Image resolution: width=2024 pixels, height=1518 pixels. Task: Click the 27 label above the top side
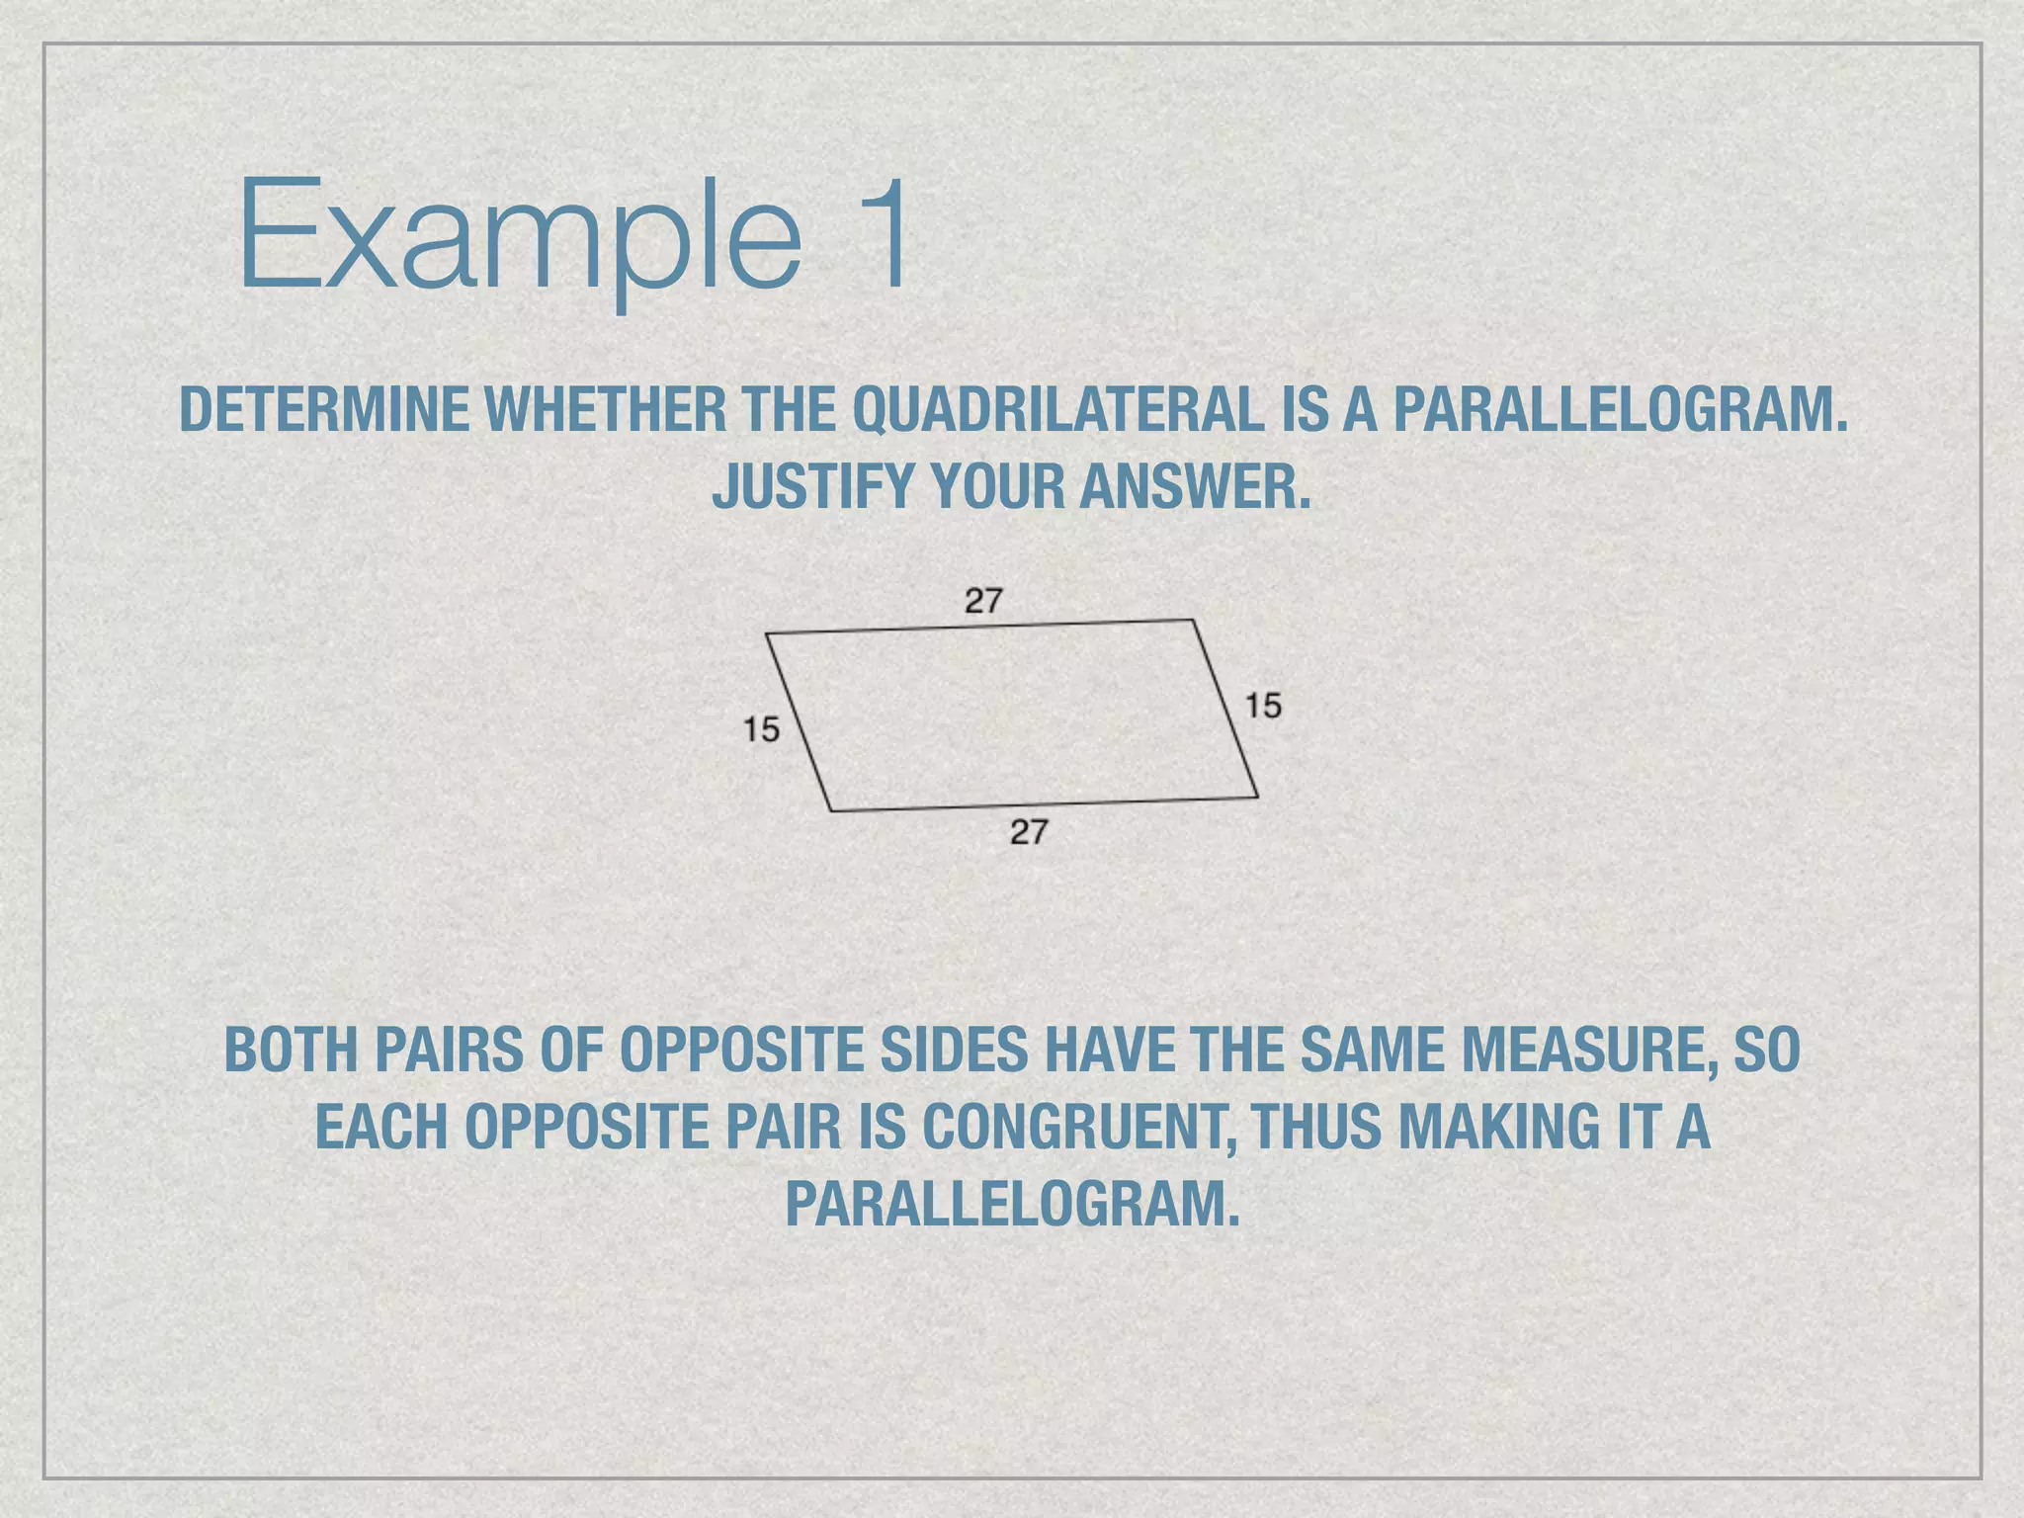pos(983,600)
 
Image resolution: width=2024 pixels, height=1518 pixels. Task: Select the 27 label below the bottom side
pos(1028,832)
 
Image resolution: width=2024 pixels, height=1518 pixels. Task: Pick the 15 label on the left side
pos(761,729)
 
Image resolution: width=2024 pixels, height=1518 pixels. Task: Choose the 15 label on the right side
pos(1262,706)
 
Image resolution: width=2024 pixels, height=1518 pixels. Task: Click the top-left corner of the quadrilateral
pos(767,633)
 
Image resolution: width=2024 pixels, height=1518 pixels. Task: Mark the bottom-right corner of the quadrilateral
pos(1258,797)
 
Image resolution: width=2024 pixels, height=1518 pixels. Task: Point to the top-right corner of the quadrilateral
pos(1193,621)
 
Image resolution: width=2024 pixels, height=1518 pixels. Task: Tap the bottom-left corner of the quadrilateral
pos(831,811)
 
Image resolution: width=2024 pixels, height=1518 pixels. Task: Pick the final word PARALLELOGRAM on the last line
pos(1011,1204)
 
